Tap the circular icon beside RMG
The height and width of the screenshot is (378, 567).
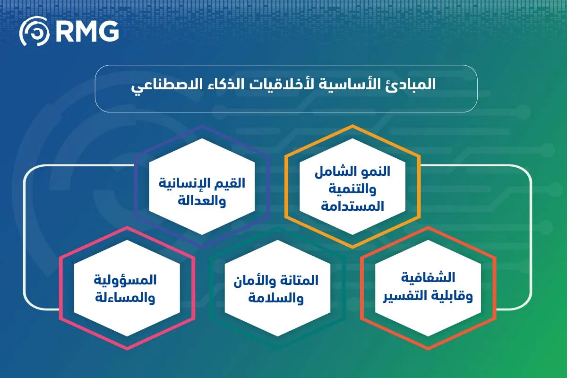34,32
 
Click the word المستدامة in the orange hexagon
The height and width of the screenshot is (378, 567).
352,206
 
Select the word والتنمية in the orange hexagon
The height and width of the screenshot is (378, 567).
352,189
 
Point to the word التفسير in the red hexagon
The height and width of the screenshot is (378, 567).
407,296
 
